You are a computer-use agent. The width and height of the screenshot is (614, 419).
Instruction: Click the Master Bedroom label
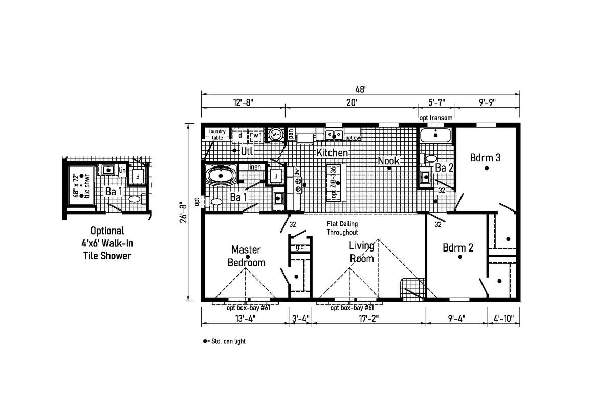pos(247,256)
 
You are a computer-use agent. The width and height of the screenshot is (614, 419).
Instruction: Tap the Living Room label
pos(362,252)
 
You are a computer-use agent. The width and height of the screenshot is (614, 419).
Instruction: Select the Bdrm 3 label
pos(485,158)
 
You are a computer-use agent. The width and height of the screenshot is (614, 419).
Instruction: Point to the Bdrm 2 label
pos(458,248)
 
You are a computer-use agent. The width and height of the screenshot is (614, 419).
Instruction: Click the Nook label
pos(388,161)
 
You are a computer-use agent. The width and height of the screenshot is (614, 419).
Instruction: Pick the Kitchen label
pos(332,153)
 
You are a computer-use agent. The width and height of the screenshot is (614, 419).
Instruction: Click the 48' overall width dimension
pos(360,89)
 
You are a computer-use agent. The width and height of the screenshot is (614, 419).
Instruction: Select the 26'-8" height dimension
pos(183,214)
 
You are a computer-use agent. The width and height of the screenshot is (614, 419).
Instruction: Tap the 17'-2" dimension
pos(369,318)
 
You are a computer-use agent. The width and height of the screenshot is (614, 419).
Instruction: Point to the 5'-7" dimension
pos(436,102)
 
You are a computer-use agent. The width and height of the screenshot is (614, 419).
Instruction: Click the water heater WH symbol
pos(276,135)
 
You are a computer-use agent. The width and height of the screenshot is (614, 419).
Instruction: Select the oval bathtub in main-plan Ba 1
pos(221,175)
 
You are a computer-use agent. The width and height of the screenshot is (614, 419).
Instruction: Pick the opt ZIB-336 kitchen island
pos(334,183)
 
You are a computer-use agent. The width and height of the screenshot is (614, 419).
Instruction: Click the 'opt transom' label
pos(436,118)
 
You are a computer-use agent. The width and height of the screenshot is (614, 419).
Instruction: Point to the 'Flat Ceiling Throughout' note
pos(342,228)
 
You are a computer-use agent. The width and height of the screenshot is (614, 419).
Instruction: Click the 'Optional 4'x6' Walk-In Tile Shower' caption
pos(107,243)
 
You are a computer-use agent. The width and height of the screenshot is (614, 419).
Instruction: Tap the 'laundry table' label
pos(217,134)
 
